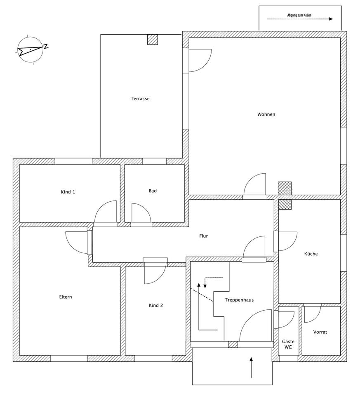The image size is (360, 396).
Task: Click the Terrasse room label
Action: tap(140, 99)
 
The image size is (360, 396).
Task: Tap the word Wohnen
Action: tap(266, 114)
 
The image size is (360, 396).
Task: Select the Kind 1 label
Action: tap(68, 192)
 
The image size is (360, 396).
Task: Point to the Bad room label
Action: tap(153, 191)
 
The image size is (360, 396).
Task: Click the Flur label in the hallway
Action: tap(203, 236)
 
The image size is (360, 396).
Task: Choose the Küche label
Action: tap(311, 254)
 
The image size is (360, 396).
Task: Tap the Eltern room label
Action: tap(66, 297)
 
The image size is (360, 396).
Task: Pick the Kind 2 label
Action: tap(156, 305)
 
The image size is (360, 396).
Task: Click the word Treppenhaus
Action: tap(239, 300)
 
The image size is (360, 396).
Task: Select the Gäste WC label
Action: tap(288, 344)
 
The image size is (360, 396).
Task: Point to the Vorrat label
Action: tap(320, 332)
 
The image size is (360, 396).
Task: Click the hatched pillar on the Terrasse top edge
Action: tap(153, 39)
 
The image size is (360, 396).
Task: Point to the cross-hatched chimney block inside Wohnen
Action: tap(285, 188)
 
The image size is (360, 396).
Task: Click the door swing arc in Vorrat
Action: tap(313, 314)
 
